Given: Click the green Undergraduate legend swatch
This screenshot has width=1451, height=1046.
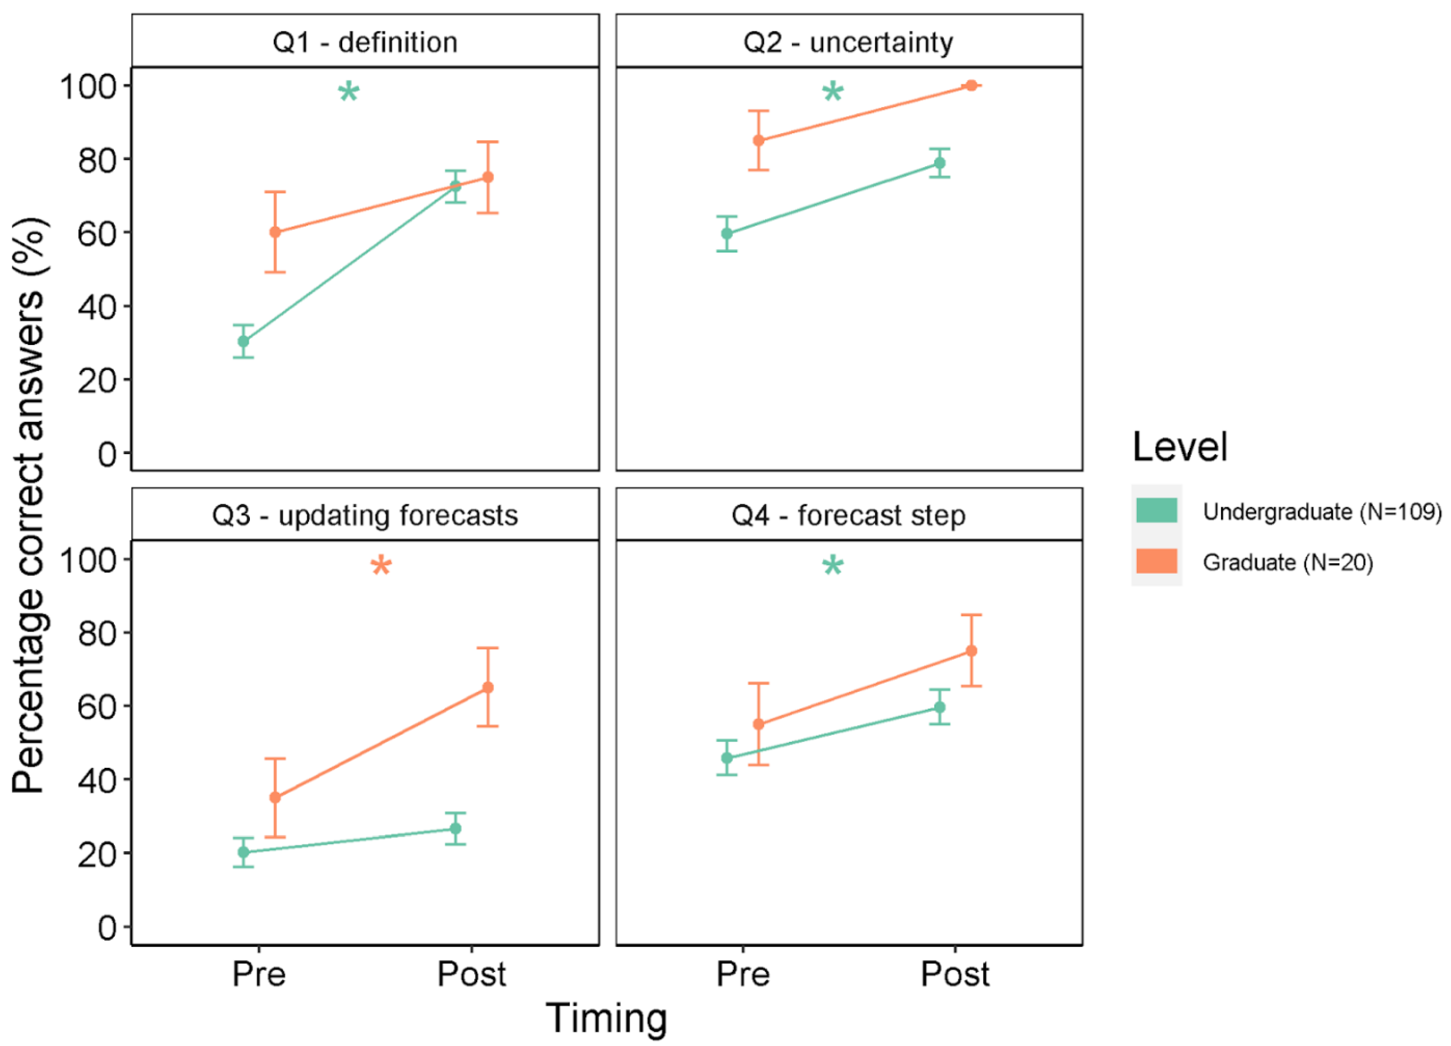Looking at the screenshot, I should pos(1156,511).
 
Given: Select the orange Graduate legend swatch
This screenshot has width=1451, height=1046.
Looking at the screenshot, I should pos(1156,561).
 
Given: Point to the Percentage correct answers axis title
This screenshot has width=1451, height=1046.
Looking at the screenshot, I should pos(29,505).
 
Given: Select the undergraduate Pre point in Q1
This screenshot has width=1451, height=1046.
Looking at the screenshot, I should pos(243,341).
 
